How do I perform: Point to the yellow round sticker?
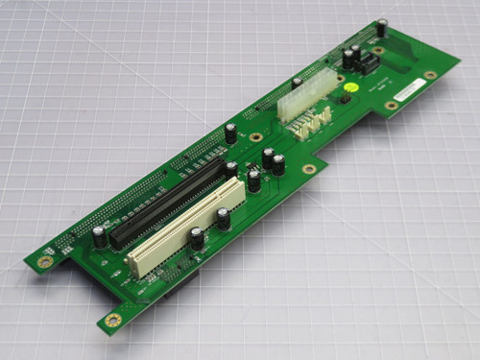coord(353,87)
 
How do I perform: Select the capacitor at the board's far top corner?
coord(382,28)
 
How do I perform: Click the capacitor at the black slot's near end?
coord(99,237)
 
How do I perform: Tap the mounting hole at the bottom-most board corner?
coord(112,318)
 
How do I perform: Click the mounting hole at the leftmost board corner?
coord(45,260)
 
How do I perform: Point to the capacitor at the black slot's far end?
coord(231,170)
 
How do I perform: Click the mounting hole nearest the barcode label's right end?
coord(431,74)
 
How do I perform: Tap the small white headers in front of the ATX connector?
coord(312,124)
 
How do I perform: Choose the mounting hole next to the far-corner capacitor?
coord(378,50)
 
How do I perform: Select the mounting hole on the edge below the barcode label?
coord(391,105)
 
